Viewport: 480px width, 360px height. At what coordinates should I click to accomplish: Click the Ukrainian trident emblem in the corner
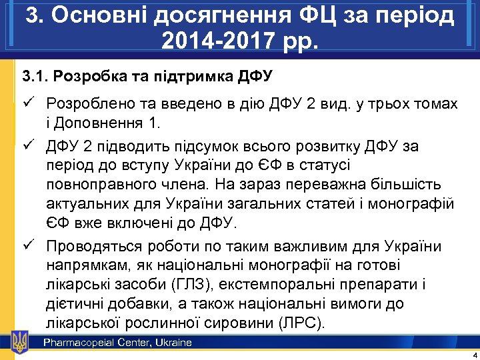pyautogui.click(x=20, y=342)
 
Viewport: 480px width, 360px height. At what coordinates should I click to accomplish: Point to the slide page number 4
pyautogui.click(x=473, y=354)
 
